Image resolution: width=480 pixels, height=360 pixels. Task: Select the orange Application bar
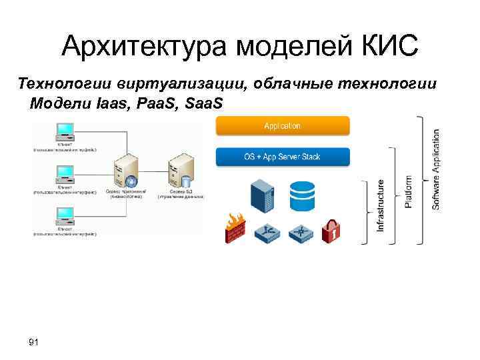tap(282, 126)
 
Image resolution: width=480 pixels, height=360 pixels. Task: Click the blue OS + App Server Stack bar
tap(282, 157)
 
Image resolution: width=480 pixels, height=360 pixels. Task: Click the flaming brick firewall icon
tap(235, 228)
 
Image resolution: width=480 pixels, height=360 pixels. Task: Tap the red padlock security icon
tap(331, 231)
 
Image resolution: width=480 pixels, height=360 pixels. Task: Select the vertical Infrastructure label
tap(381, 205)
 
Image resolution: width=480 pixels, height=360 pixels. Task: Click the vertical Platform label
tap(408, 191)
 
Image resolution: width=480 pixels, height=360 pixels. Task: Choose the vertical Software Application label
tap(436, 169)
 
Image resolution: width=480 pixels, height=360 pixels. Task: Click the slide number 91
tap(34, 342)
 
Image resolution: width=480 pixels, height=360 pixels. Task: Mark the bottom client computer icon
tap(65, 215)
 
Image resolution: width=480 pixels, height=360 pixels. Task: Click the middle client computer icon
tap(65, 173)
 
